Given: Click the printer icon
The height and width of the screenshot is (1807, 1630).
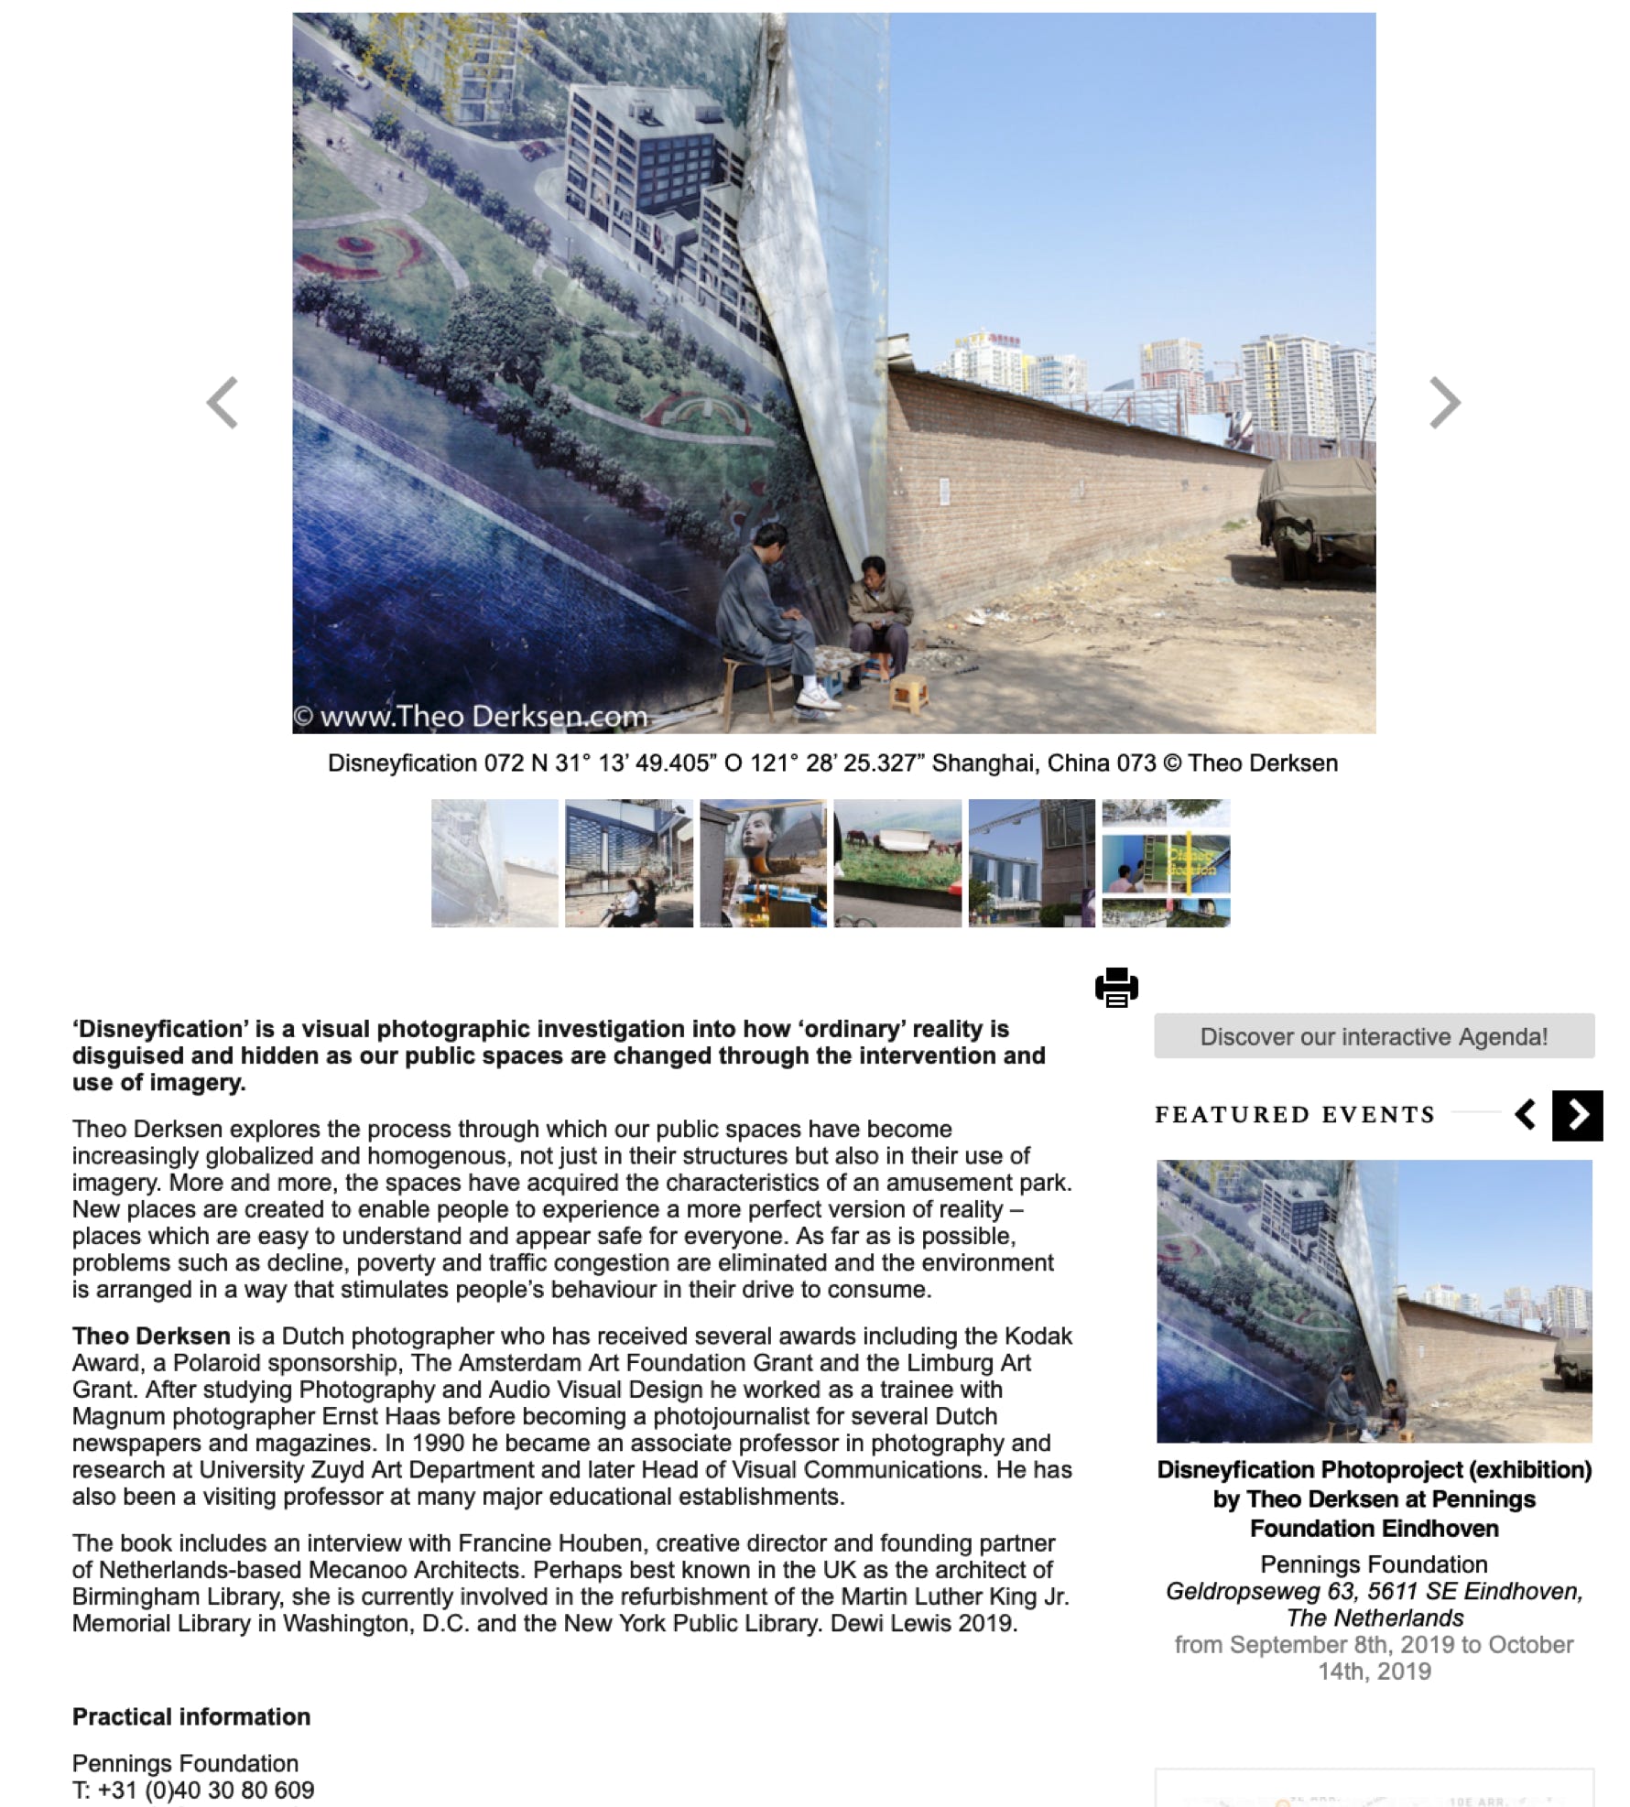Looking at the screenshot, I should (x=1116, y=987).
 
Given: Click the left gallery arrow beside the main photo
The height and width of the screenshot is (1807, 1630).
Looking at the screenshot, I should (x=223, y=402).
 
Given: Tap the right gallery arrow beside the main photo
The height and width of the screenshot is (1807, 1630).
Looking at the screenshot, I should (x=1444, y=402).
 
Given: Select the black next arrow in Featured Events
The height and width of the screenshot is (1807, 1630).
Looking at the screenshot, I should (x=1577, y=1115).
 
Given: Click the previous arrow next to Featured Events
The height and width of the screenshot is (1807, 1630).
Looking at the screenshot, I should (x=1526, y=1115).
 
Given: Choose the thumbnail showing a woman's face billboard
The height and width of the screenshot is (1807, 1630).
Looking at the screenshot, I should (x=763, y=862).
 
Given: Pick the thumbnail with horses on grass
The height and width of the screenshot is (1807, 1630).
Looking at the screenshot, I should (x=897, y=862).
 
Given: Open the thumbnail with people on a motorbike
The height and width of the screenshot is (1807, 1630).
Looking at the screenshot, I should (x=628, y=862).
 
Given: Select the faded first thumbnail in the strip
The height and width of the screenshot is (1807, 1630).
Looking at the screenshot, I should (x=494, y=862).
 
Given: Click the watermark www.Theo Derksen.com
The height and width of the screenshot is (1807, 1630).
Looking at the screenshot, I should (x=471, y=716).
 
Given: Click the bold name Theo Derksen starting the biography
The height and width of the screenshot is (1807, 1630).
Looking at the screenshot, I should (x=151, y=1336).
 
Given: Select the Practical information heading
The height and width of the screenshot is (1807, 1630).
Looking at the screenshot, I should (x=191, y=1716).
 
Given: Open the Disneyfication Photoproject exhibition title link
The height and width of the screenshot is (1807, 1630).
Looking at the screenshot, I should (x=1374, y=1499).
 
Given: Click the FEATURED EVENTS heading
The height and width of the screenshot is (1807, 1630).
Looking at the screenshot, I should (x=1295, y=1115).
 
